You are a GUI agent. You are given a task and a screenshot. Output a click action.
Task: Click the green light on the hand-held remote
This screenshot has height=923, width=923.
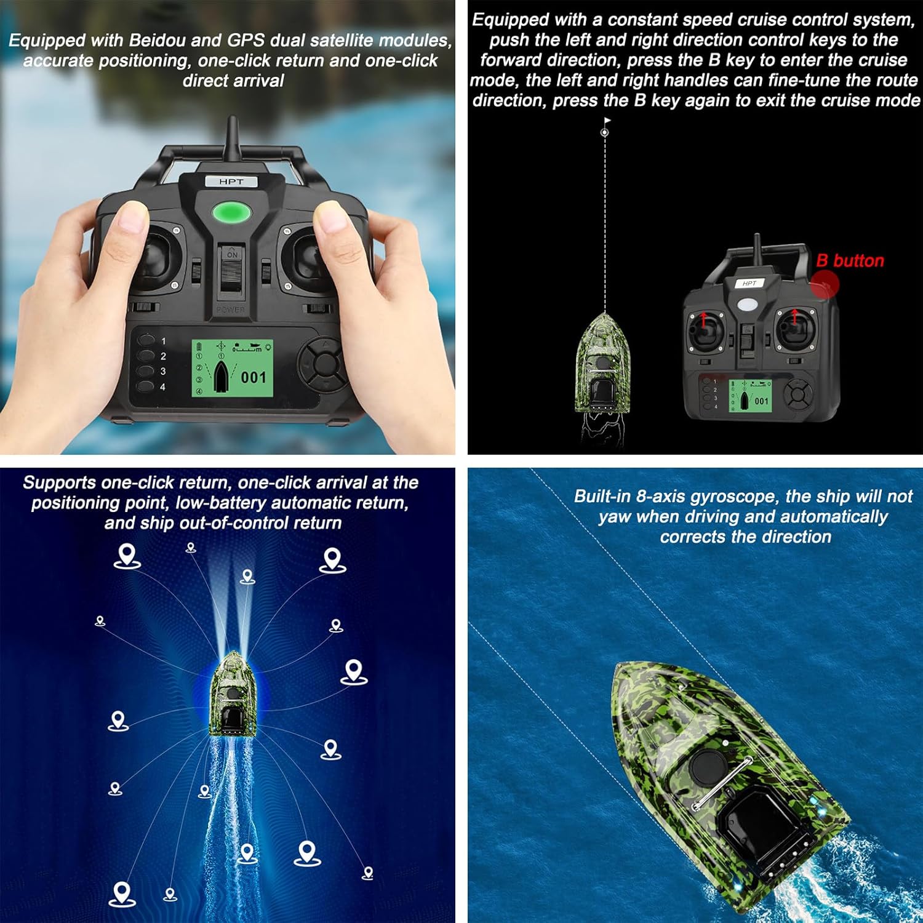coord(231,212)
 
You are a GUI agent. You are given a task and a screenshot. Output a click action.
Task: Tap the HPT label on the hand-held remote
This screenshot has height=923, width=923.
coord(231,182)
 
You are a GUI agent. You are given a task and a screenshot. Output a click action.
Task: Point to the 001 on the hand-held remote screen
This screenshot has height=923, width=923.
coord(254,377)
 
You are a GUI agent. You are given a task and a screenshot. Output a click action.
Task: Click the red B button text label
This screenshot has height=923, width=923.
coord(850,260)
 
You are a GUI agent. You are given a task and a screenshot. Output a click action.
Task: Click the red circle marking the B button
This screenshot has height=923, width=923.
coord(825,285)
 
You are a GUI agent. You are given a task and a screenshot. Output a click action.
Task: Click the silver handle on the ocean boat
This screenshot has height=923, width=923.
coord(722,783)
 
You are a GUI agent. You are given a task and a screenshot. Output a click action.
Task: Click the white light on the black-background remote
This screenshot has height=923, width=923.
coord(748,304)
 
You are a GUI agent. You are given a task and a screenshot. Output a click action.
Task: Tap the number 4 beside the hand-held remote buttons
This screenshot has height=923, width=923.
coord(162,387)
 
